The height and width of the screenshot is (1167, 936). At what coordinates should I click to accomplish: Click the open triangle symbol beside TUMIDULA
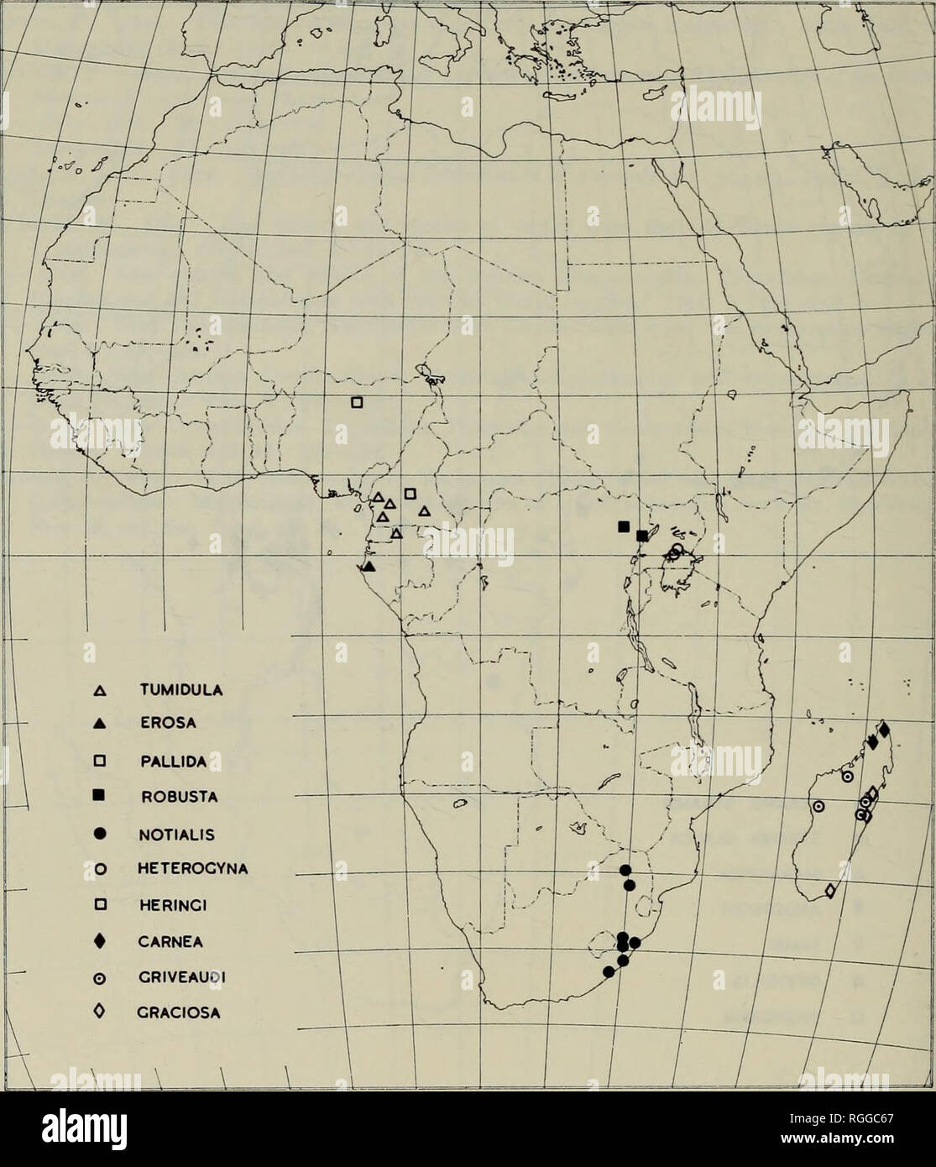click(100, 692)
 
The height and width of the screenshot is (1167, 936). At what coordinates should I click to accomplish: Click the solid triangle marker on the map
click(369, 567)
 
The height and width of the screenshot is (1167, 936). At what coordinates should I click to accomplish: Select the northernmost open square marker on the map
click(356, 403)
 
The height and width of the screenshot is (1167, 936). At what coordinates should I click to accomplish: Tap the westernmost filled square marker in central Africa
click(624, 526)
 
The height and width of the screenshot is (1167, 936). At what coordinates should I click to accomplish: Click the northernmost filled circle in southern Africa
click(625, 869)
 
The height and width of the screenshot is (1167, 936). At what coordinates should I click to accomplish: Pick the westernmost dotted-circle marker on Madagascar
click(818, 807)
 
